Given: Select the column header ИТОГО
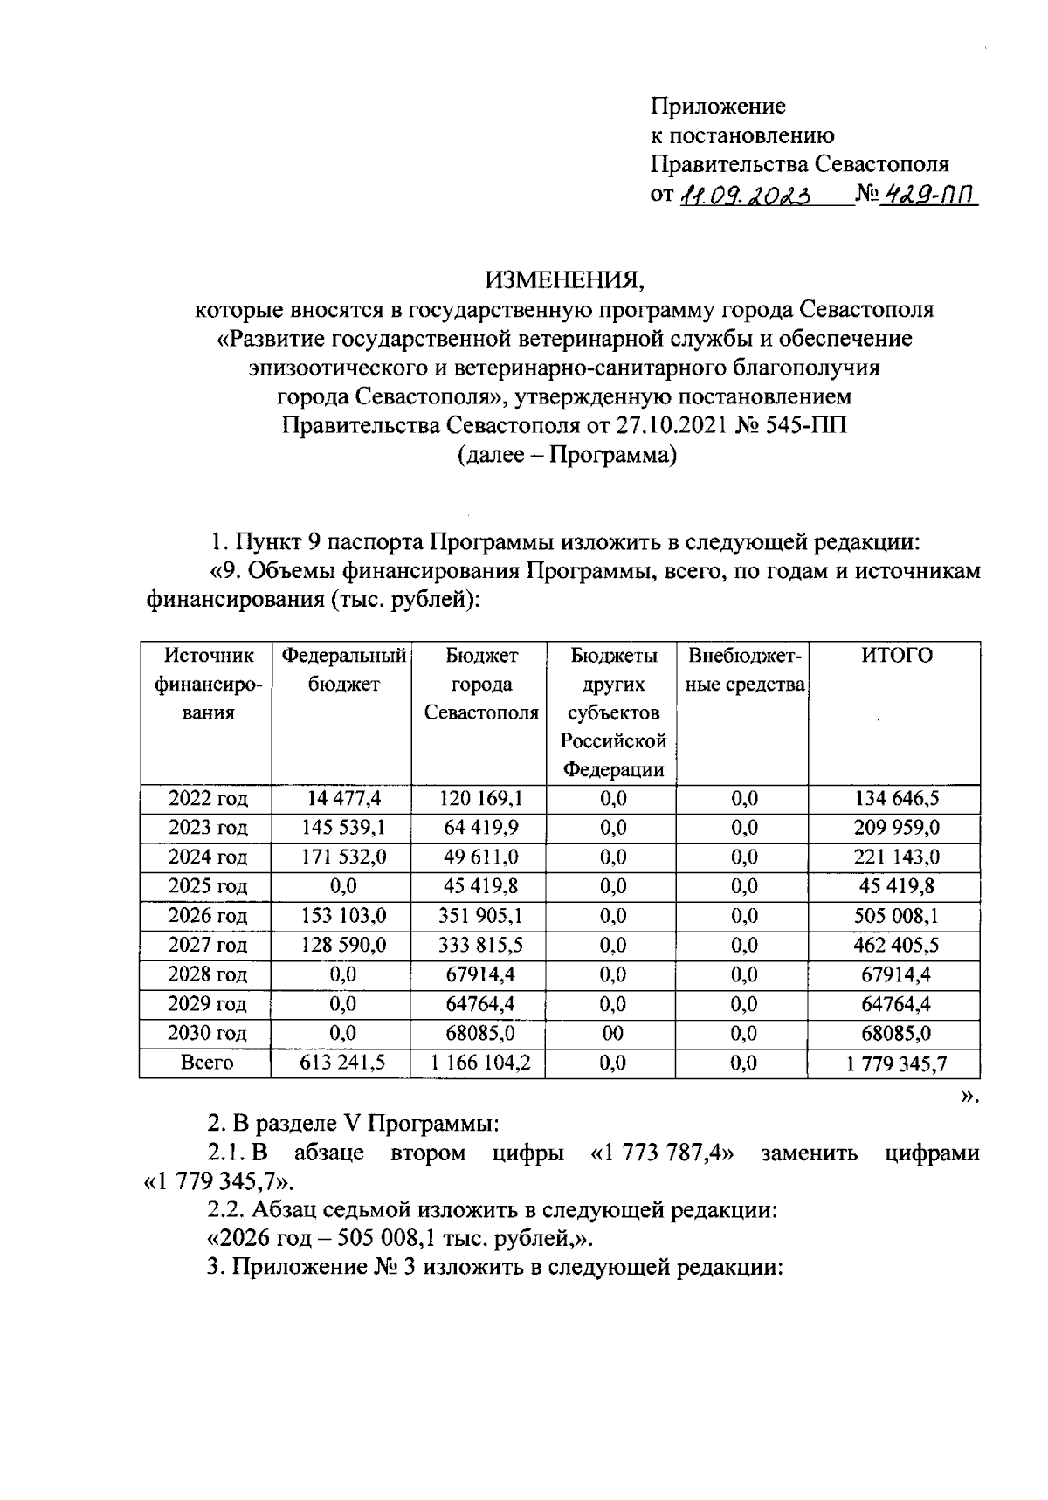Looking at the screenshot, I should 896,657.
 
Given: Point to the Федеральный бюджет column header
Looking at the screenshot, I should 343,670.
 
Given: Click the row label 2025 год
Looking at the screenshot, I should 207,886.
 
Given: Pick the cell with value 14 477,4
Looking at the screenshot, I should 343,798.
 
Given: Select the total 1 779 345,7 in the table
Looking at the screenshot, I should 896,1063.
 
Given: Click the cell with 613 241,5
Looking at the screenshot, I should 343,1063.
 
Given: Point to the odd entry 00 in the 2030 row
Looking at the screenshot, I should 613,1034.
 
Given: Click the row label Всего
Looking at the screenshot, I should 207,1063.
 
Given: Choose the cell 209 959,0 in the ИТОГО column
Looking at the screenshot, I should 896,827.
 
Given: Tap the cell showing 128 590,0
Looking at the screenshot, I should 343,946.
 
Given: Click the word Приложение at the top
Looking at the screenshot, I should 718,107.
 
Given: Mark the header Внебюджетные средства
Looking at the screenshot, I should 744,671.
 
